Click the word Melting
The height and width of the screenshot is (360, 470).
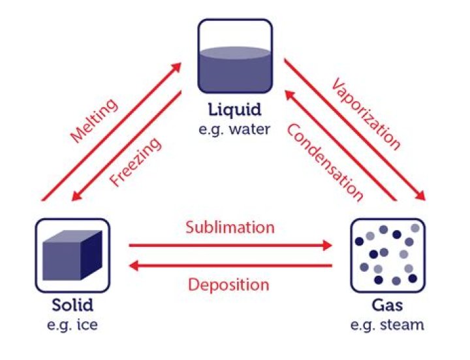point(95,121)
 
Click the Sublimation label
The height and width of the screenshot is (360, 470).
point(230,228)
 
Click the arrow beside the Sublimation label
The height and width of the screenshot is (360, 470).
point(230,246)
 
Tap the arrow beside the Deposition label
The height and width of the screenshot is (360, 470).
point(230,265)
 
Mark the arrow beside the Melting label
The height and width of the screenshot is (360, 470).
point(112,131)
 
